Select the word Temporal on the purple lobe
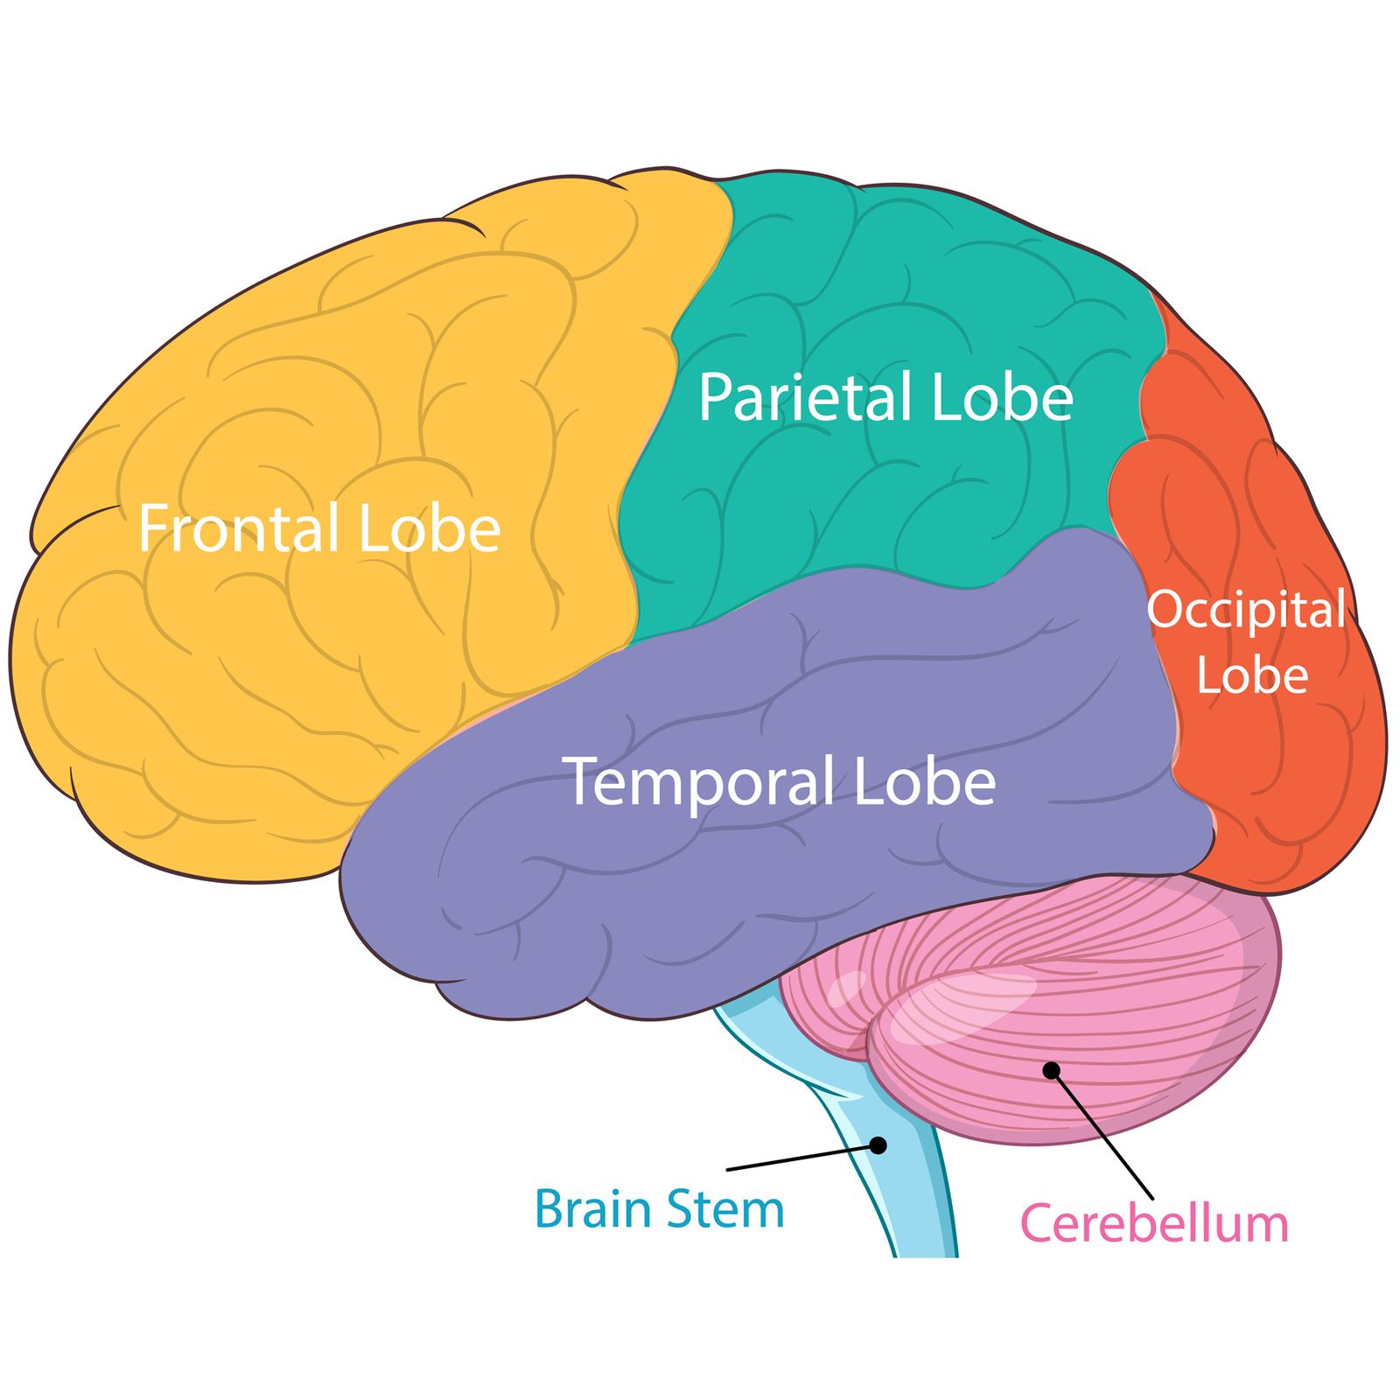tap(701, 781)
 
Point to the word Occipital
tap(1246, 611)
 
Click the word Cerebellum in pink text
tap(1154, 1223)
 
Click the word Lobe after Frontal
tap(430, 528)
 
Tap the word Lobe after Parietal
tap(1002, 398)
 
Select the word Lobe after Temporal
tap(925, 781)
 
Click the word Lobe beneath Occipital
tap(1252, 675)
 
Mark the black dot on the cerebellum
tap(1052, 1070)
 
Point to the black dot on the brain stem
tap(879, 1144)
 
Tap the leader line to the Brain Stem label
tap(801, 1157)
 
